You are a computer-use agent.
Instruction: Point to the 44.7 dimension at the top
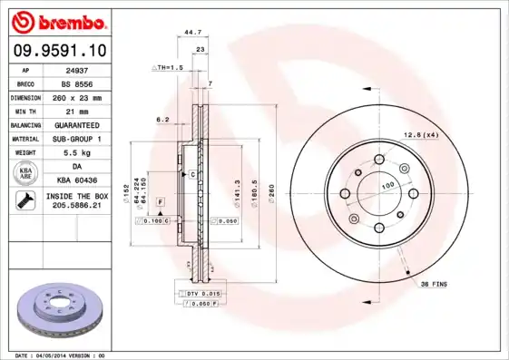pos(192,32)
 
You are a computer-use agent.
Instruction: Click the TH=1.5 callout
pos(168,68)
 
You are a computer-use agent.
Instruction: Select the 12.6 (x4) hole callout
pos(420,136)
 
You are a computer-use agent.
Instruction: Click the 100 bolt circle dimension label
pos(387,186)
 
